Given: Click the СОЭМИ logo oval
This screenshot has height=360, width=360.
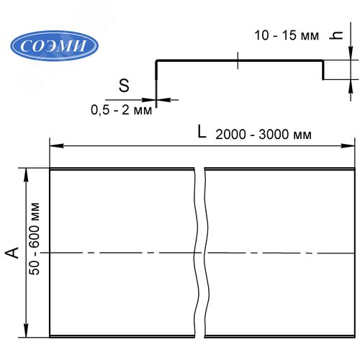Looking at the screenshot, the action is [x=54, y=45].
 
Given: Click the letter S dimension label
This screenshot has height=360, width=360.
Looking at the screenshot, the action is [x=124, y=86].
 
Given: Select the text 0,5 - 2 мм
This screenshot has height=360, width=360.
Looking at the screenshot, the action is [x=122, y=110].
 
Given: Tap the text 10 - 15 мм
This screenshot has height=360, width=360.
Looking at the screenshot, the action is [x=287, y=35].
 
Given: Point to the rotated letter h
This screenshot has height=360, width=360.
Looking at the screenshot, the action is [x=336, y=36].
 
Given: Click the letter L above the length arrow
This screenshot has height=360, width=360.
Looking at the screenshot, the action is [x=202, y=132].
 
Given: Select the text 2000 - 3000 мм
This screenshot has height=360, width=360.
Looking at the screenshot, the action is [x=264, y=134].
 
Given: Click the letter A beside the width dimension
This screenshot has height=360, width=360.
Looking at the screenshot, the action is [x=12, y=253].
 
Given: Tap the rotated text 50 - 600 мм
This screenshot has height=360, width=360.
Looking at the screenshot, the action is [x=35, y=239].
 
